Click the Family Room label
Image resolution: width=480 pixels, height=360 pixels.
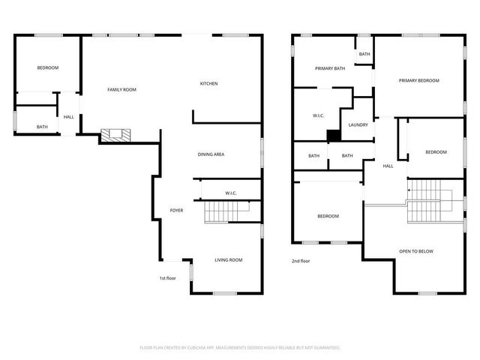pos(121,90)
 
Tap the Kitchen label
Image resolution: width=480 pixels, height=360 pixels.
pos(208,83)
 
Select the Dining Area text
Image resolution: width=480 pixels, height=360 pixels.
pos(211,154)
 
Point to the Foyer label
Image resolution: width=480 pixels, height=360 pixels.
pos(176,211)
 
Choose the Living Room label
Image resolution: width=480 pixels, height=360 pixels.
pos(229,260)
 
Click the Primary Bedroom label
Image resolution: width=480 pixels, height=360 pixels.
pos(418,81)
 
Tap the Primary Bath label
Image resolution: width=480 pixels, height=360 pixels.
pos(330,69)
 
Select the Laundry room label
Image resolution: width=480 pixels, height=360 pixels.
pos(358,125)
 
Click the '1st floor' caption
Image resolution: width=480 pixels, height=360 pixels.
pos(167,278)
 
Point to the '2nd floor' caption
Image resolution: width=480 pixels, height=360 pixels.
pos(301,261)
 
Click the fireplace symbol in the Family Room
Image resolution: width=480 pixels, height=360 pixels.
pos(116,135)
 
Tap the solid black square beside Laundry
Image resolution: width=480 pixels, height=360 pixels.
pos(334,135)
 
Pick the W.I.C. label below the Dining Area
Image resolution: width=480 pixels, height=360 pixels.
pos(231,193)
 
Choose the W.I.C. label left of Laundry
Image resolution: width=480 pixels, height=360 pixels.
pos(318,116)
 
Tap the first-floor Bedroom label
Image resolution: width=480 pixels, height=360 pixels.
pos(48,68)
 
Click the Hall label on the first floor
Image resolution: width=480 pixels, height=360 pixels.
pos(68,117)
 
